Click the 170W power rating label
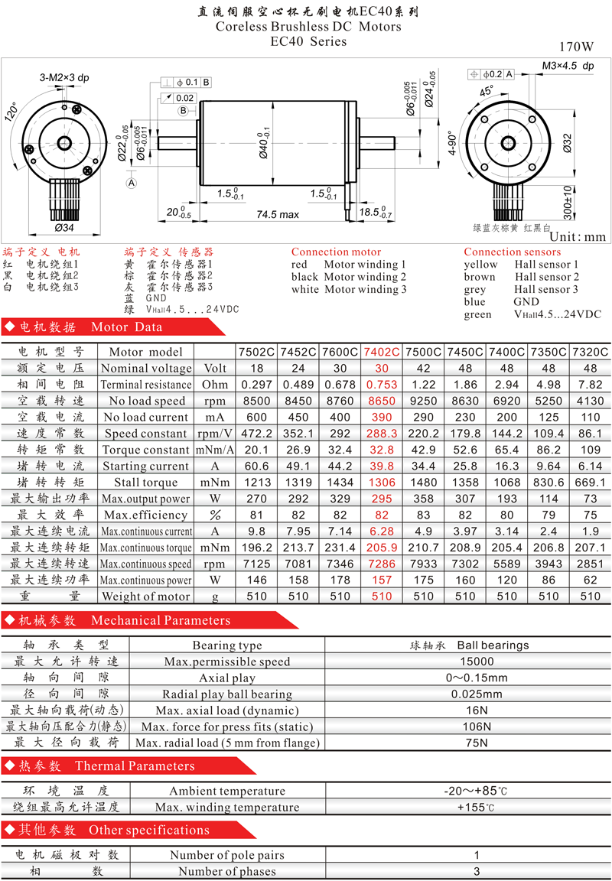[x=576, y=47]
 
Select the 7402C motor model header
[x=382, y=352]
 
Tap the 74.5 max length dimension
[x=278, y=214]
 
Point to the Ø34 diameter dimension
[x=64, y=228]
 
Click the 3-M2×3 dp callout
[x=64, y=77]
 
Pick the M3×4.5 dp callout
[x=568, y=66]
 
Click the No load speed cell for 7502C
[x=256, y=401]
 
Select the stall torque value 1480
[x=423, y=483]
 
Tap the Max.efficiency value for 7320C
[x=590, y=515]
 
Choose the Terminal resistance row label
[x=146, y=385]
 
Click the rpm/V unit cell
[x=215, y=434]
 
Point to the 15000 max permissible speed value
[x=477, y=662]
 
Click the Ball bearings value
[x=493, y=645]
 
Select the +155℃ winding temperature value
[x=476, y=808]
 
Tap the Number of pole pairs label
[x=227, y=855]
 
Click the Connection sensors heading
[x=512, y=252]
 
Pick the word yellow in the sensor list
[x=480, y=265]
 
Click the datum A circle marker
[x=132, y=184]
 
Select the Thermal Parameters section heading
[x=135, y=766]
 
